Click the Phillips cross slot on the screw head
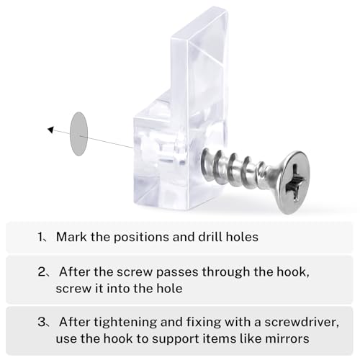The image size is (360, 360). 295,182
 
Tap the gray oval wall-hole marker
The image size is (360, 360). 78,134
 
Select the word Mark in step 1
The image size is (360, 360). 71,237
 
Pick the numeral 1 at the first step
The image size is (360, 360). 40,237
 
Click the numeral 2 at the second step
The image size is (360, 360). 41,272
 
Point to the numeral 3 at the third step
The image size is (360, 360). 41,322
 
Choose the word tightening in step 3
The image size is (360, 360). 125,323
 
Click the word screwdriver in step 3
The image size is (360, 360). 302,322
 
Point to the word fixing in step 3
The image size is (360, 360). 204,323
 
